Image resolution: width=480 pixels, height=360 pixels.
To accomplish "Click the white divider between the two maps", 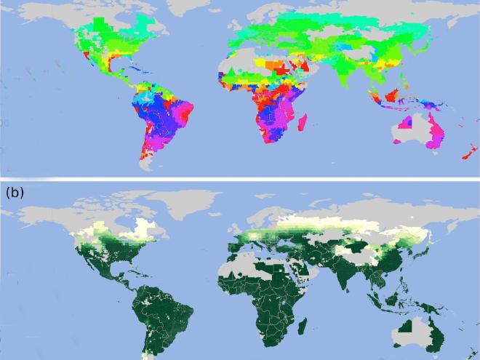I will [x=240, y=180].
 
